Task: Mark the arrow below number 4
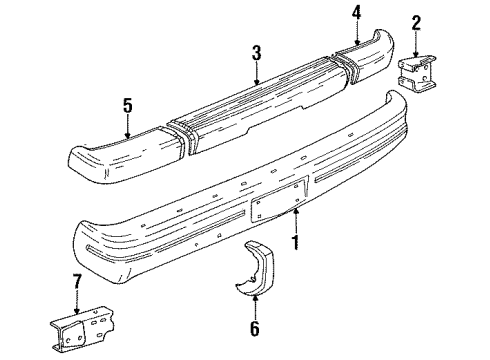(x=355, y=33)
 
